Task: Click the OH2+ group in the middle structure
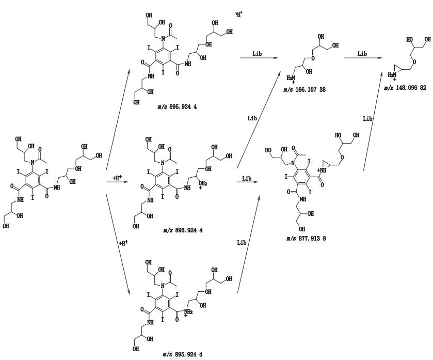(x=203, y=184)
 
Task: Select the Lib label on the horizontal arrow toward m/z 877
(x=247, y=178)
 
